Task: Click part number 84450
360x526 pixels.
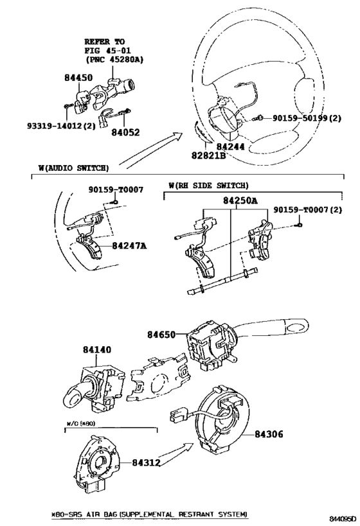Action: point(78,78)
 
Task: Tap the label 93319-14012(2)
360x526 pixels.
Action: point(62,126)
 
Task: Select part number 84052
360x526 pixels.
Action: point(125,132)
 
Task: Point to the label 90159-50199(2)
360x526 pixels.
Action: point(307,118)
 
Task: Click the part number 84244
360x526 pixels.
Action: point(230,147)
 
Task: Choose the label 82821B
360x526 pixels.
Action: point(208,155)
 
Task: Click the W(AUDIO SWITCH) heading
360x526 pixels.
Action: point(73,168)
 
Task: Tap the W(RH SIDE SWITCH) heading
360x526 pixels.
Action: point(208,186)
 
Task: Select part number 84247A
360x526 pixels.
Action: point(129,245)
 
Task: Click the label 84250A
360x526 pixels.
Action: point(240,200)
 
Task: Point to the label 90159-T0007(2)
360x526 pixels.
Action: point(308,209)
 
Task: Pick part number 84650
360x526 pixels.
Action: point(161,335)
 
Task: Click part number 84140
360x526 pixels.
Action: point(97,350)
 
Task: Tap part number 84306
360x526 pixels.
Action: point(269,434)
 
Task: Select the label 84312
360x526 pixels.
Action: point(146,463)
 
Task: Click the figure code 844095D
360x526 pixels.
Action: point(342,519)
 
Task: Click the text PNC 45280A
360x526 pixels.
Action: point(114,60)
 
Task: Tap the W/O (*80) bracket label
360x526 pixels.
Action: point(80,423)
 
